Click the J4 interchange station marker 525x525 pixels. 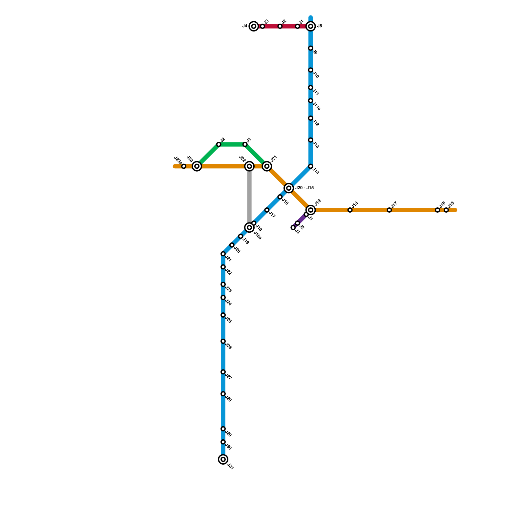click(254, 26)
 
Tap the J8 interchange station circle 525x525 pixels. click(311, 26)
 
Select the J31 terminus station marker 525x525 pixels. click(223, 459)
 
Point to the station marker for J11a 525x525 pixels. click(310, 101)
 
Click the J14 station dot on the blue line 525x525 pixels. click(310, 166)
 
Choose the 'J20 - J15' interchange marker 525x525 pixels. click(289, 188)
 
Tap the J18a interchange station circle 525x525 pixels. click(249, 227)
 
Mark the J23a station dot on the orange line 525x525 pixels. click(184, 166)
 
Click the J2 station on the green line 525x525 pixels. click(219, 144)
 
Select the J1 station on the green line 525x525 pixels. click(245, 144)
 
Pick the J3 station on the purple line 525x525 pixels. click(293, 227)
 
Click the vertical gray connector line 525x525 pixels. click(249, 197)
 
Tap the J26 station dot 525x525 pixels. click(223, 341)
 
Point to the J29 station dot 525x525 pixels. click(223, 429)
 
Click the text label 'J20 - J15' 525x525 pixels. click(304, 188)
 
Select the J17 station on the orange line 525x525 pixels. click(389, 210)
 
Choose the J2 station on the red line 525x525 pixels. click(280, 26)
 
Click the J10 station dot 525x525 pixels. click(310, 70)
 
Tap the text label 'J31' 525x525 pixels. click(230, 467)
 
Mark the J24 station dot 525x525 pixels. click(223, 298)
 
